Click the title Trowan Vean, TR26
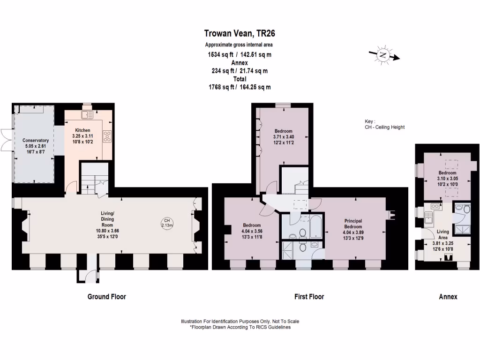[240, 33]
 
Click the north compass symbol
[384, 55]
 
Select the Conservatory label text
[36, 140]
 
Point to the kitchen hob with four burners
[106, 136]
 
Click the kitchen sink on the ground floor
[87, 114]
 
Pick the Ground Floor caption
[107, 297]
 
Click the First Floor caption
[309, 297]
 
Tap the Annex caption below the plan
[448, 297]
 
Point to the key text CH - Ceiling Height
[384, 127]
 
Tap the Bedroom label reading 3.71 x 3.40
[283, 137]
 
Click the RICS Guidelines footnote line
[240, 327]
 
